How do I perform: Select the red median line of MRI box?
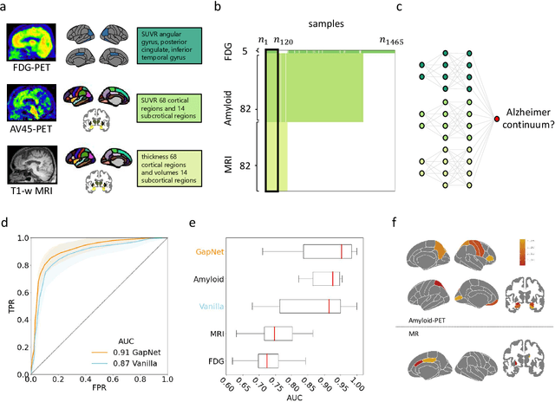(274, 333)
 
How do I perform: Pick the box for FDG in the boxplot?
(275, 360)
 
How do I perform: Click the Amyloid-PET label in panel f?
(433, 320)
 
